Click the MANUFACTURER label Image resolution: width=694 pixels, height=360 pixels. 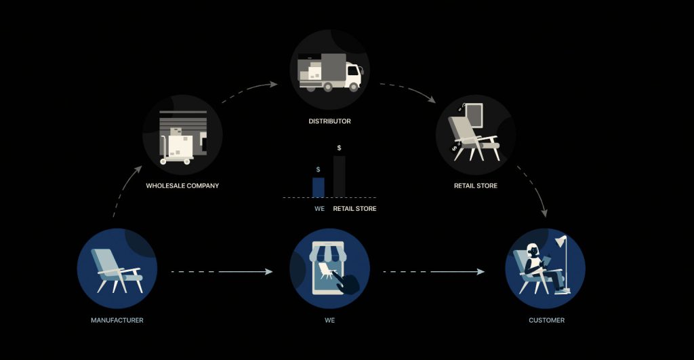(x=117, y=320)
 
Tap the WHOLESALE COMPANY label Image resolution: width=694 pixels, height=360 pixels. (x=182, y=186)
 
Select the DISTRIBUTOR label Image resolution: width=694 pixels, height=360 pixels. (x=329, y=121)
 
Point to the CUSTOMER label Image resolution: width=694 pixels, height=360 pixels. (x=546, y=320)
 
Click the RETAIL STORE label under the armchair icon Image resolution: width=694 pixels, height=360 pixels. (x=476, y=186)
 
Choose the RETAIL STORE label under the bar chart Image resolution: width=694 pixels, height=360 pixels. (x=354, y=209)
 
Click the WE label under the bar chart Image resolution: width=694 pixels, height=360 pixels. (x=320, y=209)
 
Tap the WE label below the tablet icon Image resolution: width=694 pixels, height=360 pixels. (x=329, y=320)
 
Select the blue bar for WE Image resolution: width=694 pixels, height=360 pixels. (x=319, y=187)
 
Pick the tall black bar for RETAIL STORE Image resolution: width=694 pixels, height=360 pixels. (x=339, y=176)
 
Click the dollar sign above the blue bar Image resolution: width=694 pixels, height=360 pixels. (x=319, y=169)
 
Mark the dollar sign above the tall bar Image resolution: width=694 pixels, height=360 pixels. (x=339, y=148)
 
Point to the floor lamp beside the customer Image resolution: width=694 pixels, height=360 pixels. (x=561, y=261)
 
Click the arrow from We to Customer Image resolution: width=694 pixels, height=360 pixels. (x=434, y=272)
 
